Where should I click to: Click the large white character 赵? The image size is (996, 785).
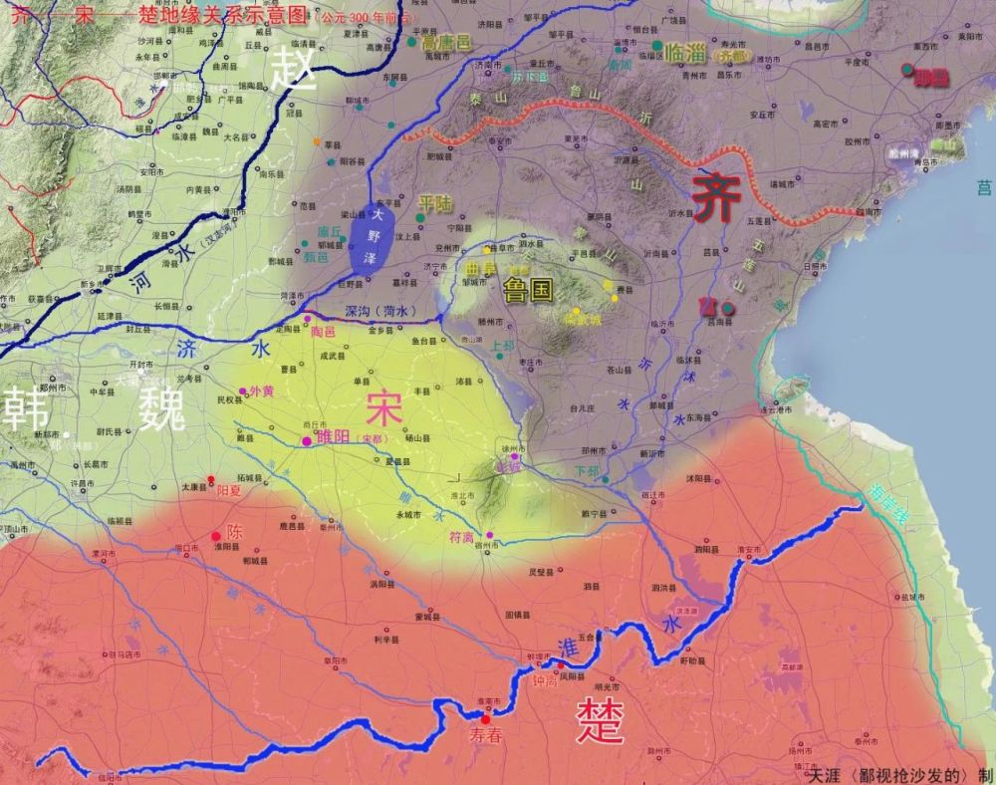pos(295,68)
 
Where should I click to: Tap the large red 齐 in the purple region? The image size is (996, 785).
pos(717,195)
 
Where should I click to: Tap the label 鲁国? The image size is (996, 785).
pos(528,291)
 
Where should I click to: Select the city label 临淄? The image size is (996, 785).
pos(685,53)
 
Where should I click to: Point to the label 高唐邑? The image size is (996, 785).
pos(445,43)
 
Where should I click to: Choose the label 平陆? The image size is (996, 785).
pos(435,203)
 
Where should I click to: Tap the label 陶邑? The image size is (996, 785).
pos(324,331)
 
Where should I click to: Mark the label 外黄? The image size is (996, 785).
pos(261,391)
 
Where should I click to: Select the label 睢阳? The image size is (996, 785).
pos(334,436)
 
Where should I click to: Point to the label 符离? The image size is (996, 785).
pos(463,537)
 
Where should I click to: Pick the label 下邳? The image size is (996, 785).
pos(589,470)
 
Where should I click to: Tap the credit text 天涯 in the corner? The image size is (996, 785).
pos(825,775)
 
